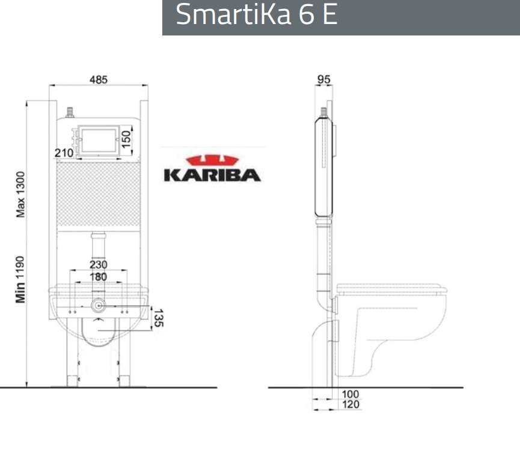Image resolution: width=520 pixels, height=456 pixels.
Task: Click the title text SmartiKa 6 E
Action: pos(257,15)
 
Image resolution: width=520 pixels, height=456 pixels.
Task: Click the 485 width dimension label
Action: pos(99,80)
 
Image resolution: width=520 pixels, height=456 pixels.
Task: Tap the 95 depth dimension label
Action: pos(324,80)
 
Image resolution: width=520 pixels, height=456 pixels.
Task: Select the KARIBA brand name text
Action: pos(212,175)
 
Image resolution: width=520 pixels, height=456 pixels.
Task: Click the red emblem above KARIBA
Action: pos(212,160)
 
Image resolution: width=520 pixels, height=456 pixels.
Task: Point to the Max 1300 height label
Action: pos(20,193)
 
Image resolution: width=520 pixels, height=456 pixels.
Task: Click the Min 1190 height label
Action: pos(20,279)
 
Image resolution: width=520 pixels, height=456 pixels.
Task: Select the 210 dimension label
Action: pos(64,153)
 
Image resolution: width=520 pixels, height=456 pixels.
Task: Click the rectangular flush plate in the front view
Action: pos(97,139)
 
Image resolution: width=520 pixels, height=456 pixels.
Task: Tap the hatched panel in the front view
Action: pos(99,193)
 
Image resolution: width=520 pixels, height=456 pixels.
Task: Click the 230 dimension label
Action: pos(98,264)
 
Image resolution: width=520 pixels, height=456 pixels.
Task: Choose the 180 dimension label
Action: pos(98,277)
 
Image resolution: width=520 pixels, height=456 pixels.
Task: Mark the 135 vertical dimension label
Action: pos(157,318)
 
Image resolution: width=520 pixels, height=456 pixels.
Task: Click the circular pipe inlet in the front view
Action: pos(98,306)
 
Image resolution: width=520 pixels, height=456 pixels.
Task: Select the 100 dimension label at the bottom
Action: pos(350,394)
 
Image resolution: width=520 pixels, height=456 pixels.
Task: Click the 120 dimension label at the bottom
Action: pos(350,405)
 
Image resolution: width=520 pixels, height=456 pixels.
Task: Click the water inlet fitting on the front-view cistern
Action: pos(70,112)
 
